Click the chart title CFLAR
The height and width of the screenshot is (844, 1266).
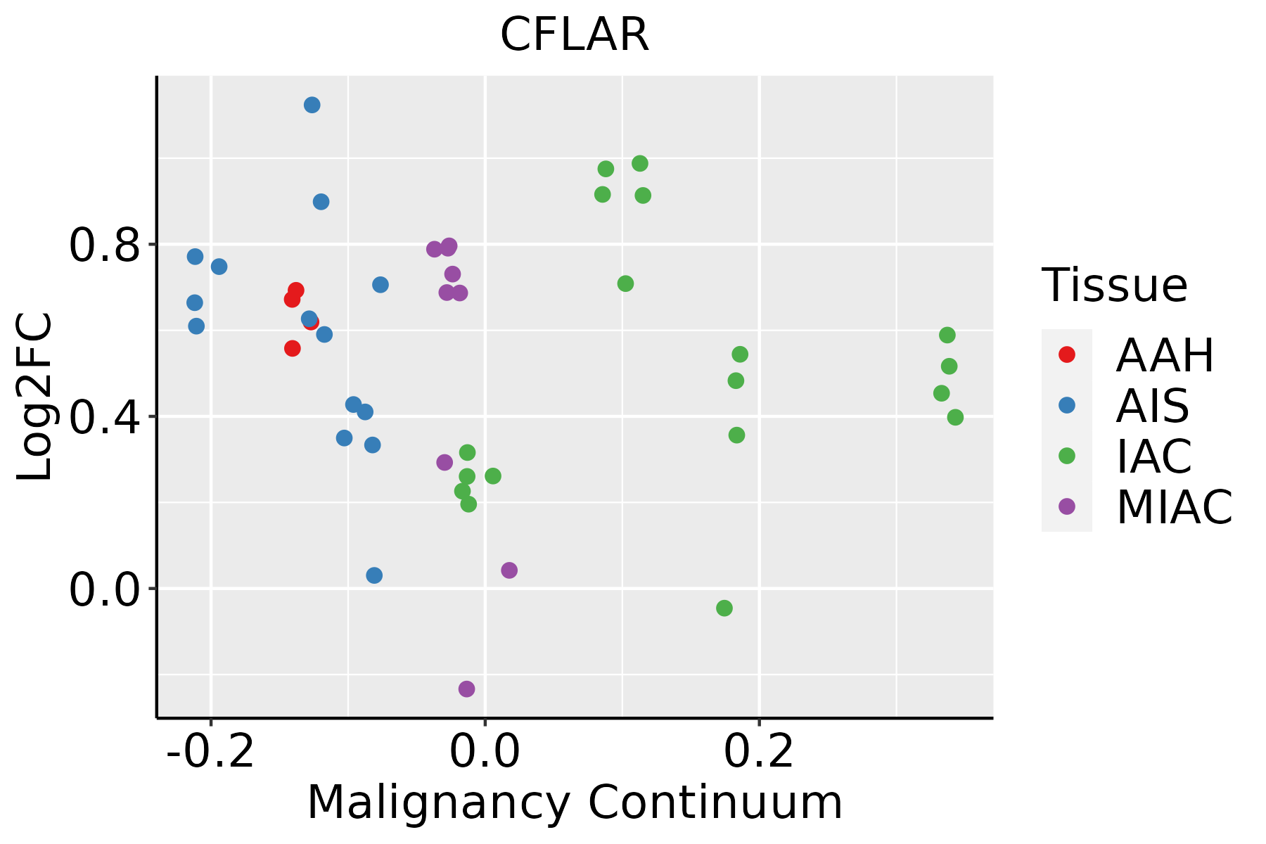coord(574,35)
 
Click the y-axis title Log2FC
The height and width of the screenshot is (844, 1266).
coord(35,397)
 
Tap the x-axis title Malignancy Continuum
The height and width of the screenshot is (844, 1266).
coord(574,803)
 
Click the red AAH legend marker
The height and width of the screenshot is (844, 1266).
coord(1066,354)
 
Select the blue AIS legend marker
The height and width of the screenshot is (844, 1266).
coord(1066,405)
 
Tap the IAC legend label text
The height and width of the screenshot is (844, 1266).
coord(1153,456)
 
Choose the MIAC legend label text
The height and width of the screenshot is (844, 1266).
coord(1174,506)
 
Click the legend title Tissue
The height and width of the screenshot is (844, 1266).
coord(1115,286)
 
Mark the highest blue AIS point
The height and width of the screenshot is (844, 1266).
coord(312,105)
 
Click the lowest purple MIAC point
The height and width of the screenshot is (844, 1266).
coord(466,689)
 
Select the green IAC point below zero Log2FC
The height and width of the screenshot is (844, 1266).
coord(724,608)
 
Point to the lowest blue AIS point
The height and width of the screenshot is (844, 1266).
coord(374,575)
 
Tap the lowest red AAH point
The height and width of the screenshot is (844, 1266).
coord(293,348)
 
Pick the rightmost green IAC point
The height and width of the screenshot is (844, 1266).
coord(955,417)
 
